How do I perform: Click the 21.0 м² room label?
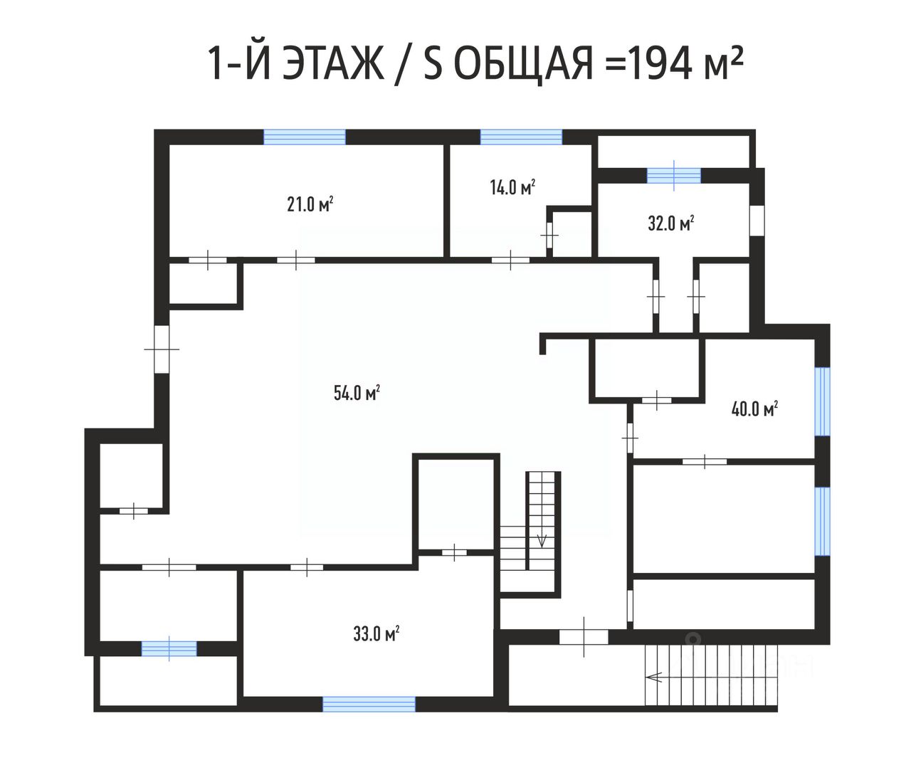click(x=310, y=204)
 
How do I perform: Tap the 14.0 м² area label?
click(x=512, y=187)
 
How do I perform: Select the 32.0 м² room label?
click(x=671, y=223)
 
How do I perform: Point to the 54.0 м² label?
click(x=357, y=393)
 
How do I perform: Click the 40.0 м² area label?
click(x=755, y=409)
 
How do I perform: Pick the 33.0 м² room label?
click(x=376, y=633)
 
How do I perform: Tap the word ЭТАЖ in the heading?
click(x=333, y=64)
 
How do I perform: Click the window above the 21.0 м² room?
click(x=305, y=137)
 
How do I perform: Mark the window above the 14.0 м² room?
click(x=521, y=137)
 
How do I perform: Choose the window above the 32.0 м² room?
click(x=674, y=176)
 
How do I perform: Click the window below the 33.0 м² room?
click(x=369, y=705)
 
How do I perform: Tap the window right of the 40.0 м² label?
click(x=823, y=401)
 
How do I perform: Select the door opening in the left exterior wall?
click(x=162, y=349)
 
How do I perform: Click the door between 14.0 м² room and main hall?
click(x=510, y=260)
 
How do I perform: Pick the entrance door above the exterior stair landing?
click(x=584, y=637)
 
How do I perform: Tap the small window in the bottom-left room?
click(x=169, y=649)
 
